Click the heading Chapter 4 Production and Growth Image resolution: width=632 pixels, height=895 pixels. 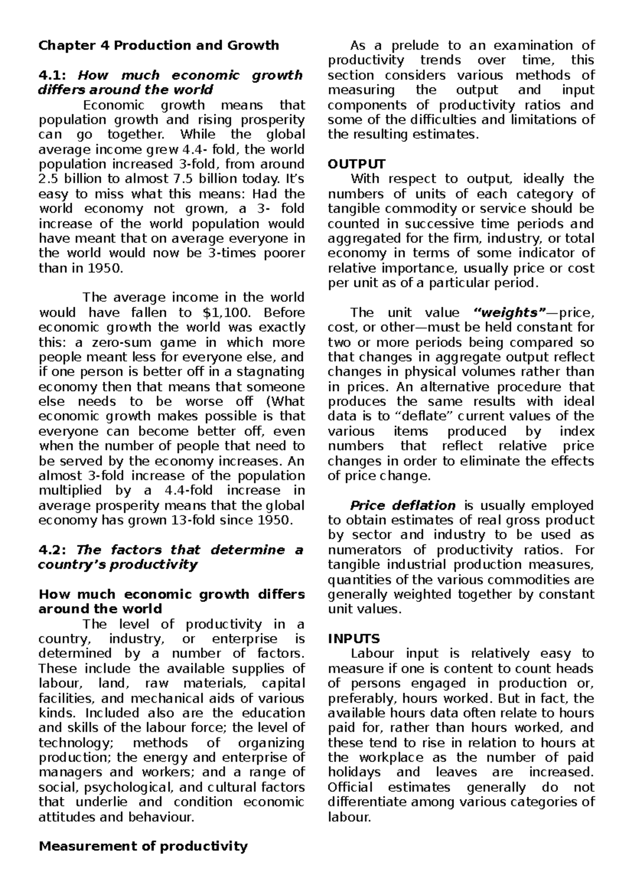click(159, 45)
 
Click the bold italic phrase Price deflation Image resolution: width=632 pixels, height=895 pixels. click(403, 505)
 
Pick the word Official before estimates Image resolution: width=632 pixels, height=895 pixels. click(350, 787)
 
